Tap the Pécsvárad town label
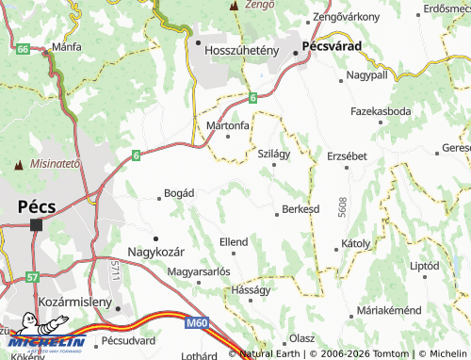click(x=348, y=56)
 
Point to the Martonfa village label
click(x=228, y=124)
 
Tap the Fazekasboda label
click(x=381, y=111)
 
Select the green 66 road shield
click(x=21, y=46)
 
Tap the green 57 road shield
click(x=33, y=278)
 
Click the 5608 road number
click(x=345, y=207)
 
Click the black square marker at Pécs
click(x=36, y=225)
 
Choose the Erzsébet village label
click(x=347, y=155)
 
